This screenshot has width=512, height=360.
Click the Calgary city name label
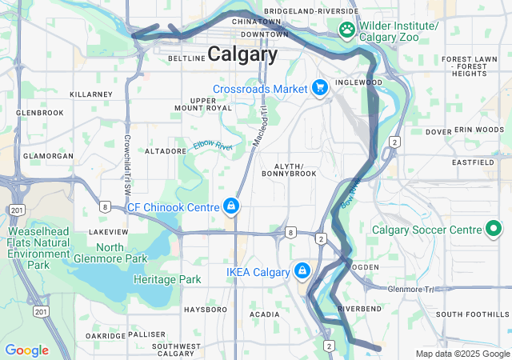[242, 54]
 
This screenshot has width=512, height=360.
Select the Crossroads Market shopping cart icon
[320, 88]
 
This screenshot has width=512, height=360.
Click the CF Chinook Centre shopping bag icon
[231, 207]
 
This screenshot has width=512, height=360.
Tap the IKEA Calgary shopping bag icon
[302, 272]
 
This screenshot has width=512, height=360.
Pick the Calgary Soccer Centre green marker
[494, 230]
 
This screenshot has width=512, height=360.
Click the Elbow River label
[212, 146]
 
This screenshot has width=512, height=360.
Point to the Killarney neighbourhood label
[91, 94]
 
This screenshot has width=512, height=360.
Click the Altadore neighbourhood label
[166, 150]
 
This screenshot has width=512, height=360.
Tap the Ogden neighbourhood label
[364, 267]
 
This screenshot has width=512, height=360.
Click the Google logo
[26, 350]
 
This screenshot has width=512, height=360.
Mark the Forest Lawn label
[464, 59]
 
